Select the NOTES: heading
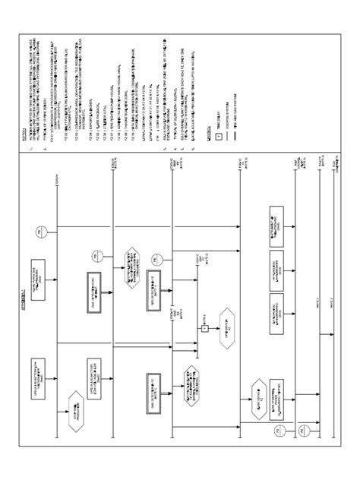pyautogui.click(x=23, y=137)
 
